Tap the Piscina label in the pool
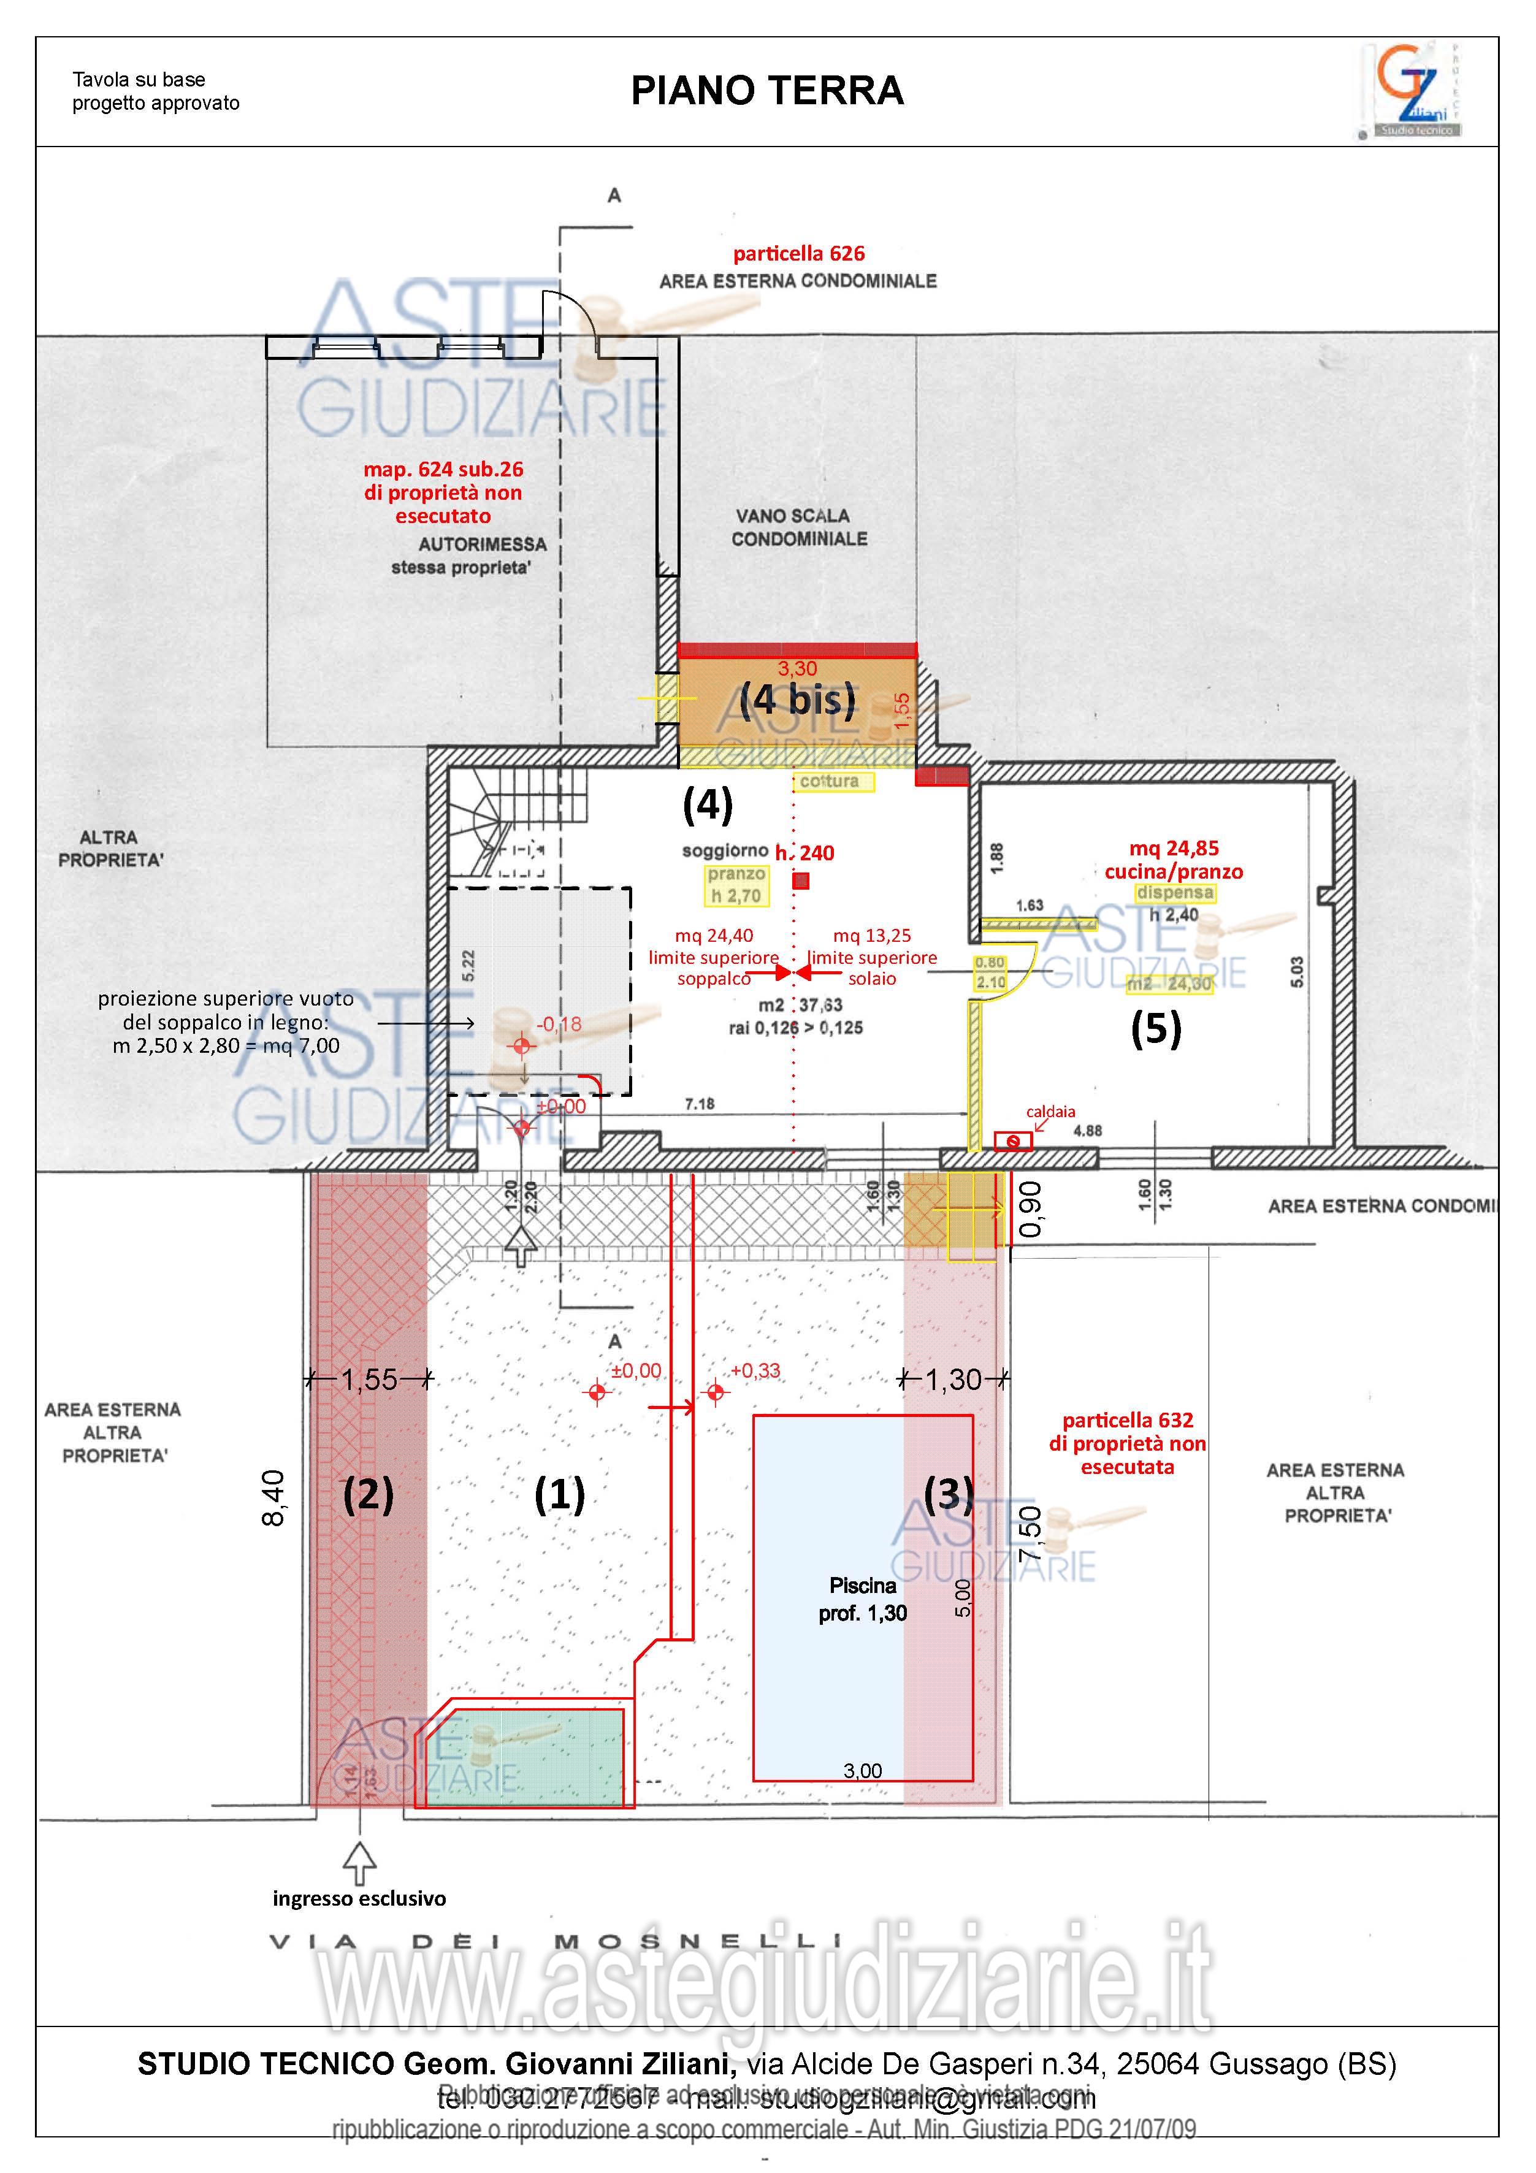point(862,1585)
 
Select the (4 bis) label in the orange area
point(797,700)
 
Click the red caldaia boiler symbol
point(1012,1142)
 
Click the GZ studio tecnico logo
point(1412,91)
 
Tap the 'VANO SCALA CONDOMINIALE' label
point(799,527)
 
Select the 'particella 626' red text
point(799,254)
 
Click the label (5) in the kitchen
point(1156,1029)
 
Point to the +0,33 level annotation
point(755,1370)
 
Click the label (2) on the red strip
point(368,1494)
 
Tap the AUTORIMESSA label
point(483,544)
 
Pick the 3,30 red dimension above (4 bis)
point(797,669)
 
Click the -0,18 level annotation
point(559,1024)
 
